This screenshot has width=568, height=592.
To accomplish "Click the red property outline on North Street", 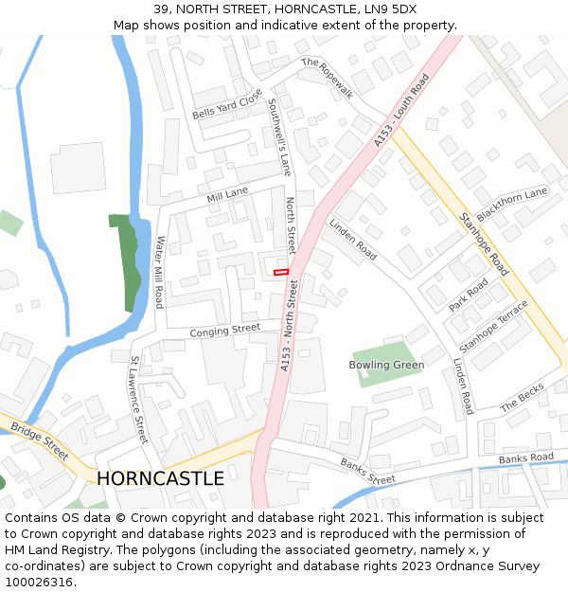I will [280, 272].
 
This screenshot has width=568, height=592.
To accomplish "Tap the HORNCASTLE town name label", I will [161, 478].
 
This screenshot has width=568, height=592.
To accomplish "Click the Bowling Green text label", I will [386, 365].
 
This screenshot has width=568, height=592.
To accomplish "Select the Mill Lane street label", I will [227, 195].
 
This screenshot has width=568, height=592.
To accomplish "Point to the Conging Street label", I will [224, 331].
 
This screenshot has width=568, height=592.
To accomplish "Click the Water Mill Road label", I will [159, 272].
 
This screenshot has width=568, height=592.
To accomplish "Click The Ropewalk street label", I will [327, 78].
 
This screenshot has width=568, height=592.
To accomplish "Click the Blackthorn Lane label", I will [513, 205].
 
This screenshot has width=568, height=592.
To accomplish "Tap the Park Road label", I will [469, 294].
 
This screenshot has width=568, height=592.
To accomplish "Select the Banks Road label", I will [525, 458].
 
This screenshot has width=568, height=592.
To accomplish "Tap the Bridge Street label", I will [40, 441].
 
